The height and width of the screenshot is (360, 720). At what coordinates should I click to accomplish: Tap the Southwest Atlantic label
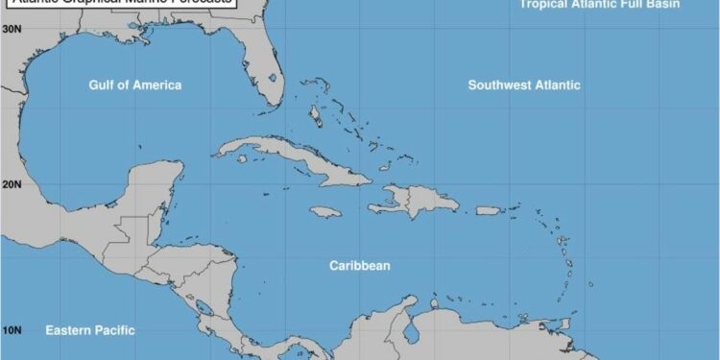(524, 85)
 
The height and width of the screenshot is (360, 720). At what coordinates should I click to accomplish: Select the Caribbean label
(360, 265)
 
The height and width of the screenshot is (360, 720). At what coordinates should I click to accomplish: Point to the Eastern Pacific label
(90, 330)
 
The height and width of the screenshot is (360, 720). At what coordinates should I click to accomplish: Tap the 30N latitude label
(12, 29)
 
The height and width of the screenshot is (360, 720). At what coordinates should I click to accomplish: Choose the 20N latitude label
(12, 183)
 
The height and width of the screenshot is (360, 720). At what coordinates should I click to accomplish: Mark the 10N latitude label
(12, 331)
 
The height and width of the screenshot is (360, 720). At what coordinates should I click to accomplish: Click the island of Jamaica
(325, 211)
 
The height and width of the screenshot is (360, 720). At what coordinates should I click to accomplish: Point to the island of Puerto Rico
(490, 210)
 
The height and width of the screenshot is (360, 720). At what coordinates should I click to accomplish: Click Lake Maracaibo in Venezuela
(412, 332)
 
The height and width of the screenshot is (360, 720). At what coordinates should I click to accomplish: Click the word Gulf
(108, 85)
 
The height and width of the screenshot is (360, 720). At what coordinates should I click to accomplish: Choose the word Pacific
(112, 330)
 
